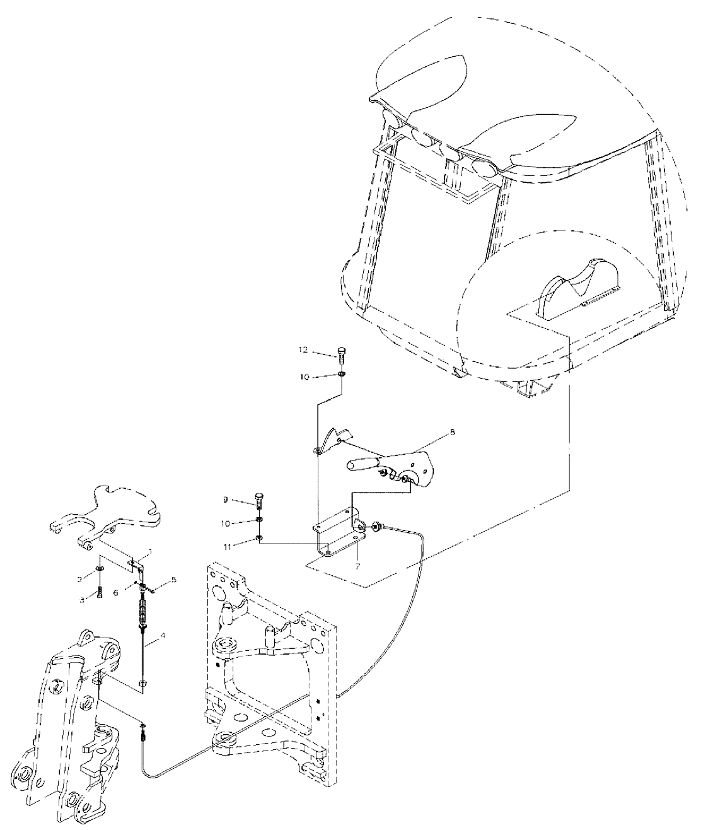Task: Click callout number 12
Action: [x=304, y=350]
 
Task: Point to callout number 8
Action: [x=453, y=431]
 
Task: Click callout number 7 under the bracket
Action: [x=357, y=566]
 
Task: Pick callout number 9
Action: [x=225, y=500]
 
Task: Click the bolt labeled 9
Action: [x=258, y=502]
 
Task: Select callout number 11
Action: [x=227, y=547]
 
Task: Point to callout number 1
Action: [x=151, y=552]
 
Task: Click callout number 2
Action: [x=80, y=580]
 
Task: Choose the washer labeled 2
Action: [x=100, y=570]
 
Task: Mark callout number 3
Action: [x=82, y=600]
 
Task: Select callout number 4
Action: [x=162, y=635]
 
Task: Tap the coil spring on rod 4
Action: [x=142, y=614]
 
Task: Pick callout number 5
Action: [x=173, y=580]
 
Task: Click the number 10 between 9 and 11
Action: [x=226, y=523]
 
